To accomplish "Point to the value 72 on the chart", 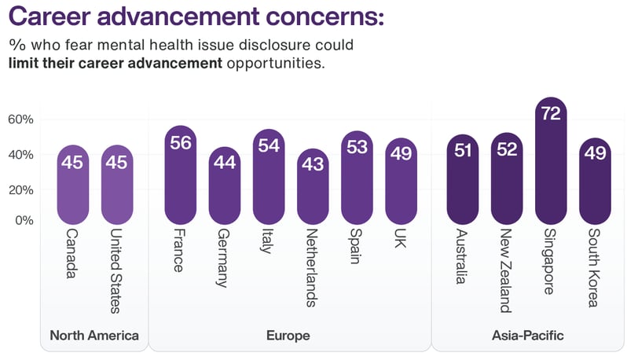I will [551, 115].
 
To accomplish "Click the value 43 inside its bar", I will [312, 166].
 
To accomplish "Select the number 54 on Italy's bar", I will [268, 146].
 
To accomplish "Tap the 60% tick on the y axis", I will [20, 119].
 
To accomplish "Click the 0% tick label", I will [24, 221].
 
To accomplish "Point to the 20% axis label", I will [20, 189].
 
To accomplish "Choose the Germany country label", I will [224, 259].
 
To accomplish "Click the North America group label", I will [94, 336].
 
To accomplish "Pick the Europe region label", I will [288, 336].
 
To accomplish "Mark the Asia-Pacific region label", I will [527, 336].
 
